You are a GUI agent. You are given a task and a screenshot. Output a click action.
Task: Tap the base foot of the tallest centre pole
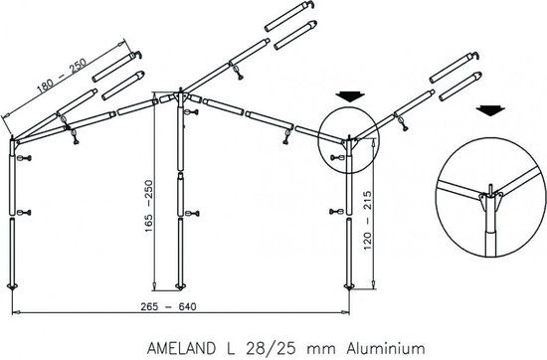click(180, 288)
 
